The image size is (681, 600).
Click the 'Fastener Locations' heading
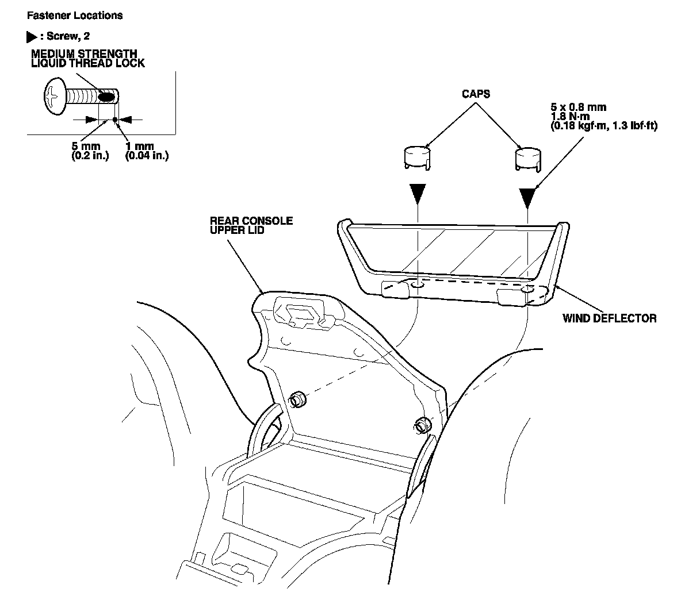[79, 16]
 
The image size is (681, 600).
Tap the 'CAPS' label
[475, 94]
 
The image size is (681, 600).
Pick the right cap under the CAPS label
[528, 157]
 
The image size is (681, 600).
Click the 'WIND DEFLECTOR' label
[609, 318]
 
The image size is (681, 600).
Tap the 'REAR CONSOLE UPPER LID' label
[251, 225]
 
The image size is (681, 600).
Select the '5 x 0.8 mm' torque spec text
[578, 107]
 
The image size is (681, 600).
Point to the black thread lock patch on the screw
[106, 97]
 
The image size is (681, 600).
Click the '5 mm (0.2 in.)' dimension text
[90, 151]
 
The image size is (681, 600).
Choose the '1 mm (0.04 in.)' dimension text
[147, 151]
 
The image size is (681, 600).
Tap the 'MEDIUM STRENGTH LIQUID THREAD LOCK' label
[88, 59]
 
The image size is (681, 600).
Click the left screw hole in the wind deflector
[418, 284]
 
